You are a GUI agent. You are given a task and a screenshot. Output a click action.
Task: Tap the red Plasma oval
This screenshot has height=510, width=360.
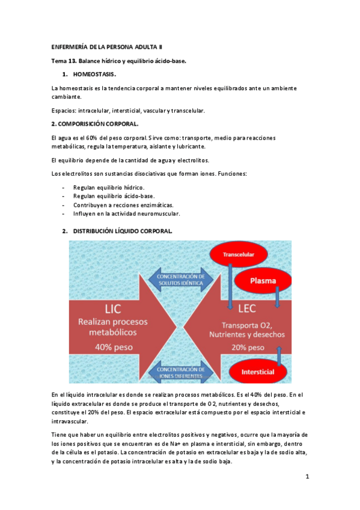pos(263,281)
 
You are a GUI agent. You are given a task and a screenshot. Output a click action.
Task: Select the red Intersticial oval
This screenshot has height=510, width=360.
pos(257,372)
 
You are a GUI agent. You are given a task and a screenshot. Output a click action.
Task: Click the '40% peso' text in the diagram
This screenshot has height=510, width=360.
pos(108,347)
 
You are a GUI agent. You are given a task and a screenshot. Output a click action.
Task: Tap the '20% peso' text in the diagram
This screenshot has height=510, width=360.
pos(247,348)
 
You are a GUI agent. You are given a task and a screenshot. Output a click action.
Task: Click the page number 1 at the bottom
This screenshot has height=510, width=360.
pos(307,477)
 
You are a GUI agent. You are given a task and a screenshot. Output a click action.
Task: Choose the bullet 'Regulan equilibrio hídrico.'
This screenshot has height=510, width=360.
pos(109,188)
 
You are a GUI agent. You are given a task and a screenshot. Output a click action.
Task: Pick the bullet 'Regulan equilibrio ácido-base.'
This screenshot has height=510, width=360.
pos(114,196)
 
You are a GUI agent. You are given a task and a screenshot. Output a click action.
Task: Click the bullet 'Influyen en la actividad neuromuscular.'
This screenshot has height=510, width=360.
pos(126,213)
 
